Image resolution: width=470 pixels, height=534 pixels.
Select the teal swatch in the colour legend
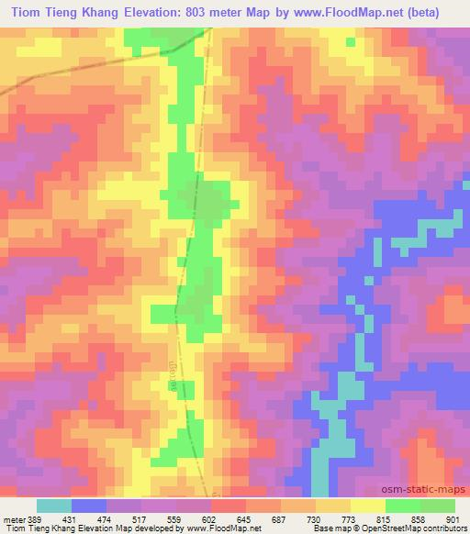click(x=54, y=506)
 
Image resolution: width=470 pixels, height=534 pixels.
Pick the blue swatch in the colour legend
click(x=90, y=506)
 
